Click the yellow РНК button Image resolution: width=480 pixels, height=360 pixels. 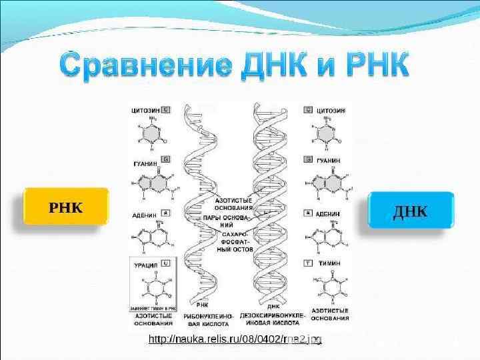point(66,207)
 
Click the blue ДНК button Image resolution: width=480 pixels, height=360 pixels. point(411,211)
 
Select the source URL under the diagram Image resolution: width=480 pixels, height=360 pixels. point(235,341)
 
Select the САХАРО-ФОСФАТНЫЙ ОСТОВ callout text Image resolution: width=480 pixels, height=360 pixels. point(231,245)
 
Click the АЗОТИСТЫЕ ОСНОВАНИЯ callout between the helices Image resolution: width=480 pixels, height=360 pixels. point(233,204)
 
